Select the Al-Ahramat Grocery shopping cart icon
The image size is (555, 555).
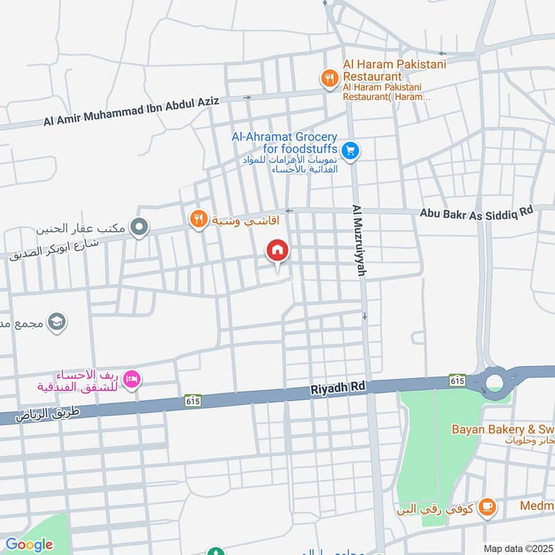point(350,150)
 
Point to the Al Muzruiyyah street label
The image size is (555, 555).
point(358,241)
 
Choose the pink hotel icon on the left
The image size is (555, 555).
point(131,379)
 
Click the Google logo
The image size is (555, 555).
point(28,545)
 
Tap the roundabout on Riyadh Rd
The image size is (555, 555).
point(494,382)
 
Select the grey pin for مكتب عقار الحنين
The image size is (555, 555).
point(140,227)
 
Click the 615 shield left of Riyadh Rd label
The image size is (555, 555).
point(193,400)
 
